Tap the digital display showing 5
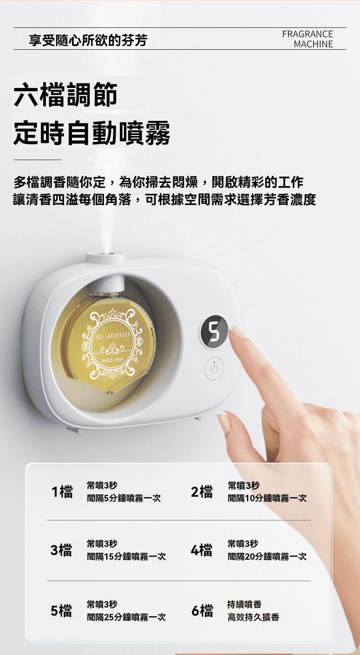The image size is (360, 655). pyautogui.click(x=214, y=332)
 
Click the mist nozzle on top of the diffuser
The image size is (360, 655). pyautogui.click(x=106, y=257)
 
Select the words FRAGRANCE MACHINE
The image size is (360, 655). pyautogui.click(x=308, y=39)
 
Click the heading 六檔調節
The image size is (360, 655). pyautogui.click(x=66, y=94)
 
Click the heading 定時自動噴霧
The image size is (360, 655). pyautogui.click(x=92, y=132)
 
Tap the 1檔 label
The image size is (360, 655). pyautogui.click(x=62, y=492)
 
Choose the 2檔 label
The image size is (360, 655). pyautogui.click(x=201, y=492)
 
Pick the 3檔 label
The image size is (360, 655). pyautogui.click(x=61, y=550)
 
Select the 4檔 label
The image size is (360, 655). pyautogui.click(x=201, y=550)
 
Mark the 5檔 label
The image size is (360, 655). pyautogui.click(x=62, y=611)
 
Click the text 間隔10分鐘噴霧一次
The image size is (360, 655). pyautogui.click(x=267, y=498)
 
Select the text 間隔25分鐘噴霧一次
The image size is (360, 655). pyautogui.click(x=126, y=617)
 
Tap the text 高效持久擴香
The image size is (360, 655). pyautogui.click(x=253, y=617)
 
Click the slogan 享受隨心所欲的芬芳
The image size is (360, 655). pyautogui.click(x=88, y=40)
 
